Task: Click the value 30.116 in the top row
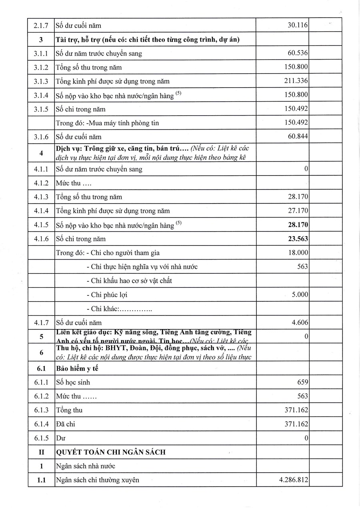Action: tap(298, 26)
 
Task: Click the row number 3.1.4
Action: tap(41, 95)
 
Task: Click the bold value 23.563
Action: tap(298, 239)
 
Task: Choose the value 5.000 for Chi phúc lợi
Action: tap(300, 295)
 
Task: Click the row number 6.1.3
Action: tap(41, 410)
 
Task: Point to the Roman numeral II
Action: tap(41, 452)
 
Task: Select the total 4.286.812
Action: tap(294, 480)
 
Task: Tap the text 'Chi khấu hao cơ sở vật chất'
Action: tap(131, 281)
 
